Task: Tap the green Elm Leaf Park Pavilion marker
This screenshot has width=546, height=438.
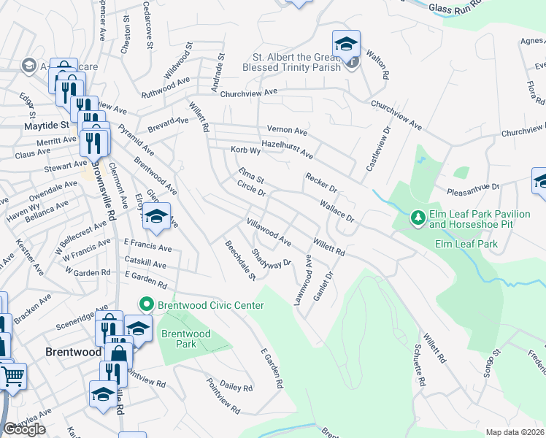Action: [x=418, y=218]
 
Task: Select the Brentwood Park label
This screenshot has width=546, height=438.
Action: [x=186, y=339]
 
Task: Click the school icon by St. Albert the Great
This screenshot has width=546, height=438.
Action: [x=346, y=42]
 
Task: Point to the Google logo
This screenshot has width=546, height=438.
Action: [x=24, y=429]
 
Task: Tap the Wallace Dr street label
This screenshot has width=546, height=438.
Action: [x=337, y=208]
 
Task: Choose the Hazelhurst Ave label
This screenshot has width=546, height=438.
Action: [x=287, y=150]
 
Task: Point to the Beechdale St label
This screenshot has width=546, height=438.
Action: [x=240, y=261]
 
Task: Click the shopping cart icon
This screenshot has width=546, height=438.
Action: [x=12, y=377]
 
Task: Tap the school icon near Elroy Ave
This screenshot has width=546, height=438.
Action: [x=156, y=216]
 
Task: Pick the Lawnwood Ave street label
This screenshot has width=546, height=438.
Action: [x=303, y=280]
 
